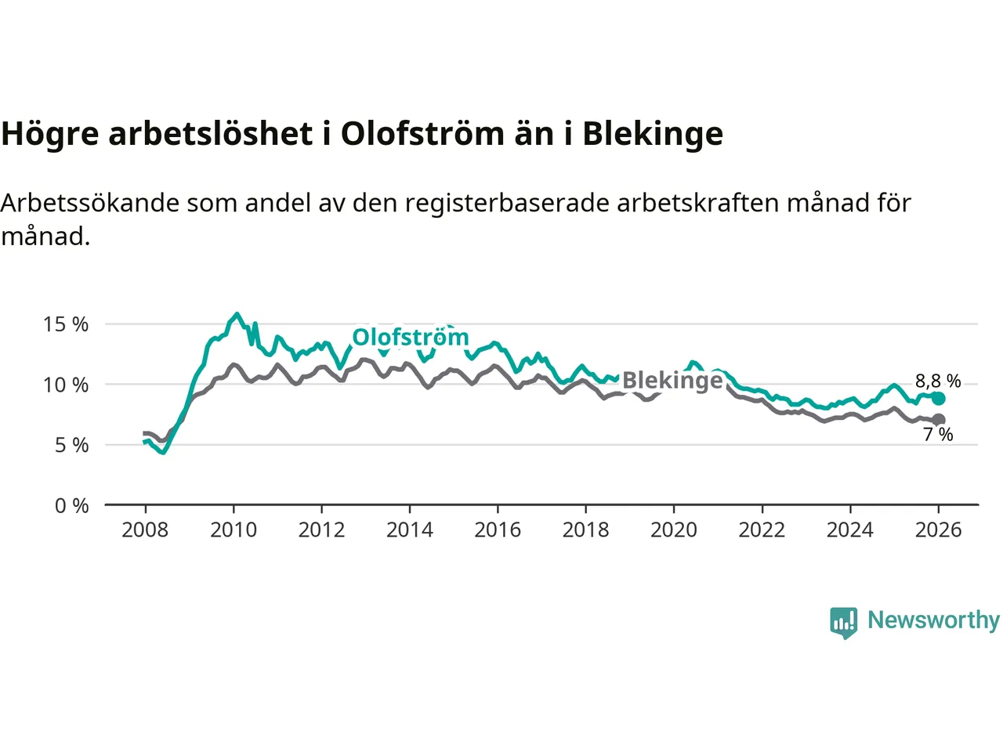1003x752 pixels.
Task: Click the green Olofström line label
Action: tap(411, 338)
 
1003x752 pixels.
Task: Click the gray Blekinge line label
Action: tap(672, 381)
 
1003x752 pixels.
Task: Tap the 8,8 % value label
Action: tap(938, 381)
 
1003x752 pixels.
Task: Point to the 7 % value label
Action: tap(938, 435)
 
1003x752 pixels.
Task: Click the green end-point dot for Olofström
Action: tap(938, 399)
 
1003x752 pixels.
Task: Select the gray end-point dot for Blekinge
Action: tap(938, 420)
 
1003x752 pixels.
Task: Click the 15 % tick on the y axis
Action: tap(66, 324)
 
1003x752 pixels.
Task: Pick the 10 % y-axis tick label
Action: tap(66, 385)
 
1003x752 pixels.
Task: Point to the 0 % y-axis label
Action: tap(72, 506)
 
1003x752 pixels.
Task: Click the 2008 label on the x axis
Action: tap(145, 530)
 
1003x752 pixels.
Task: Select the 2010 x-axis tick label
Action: tap(234, 530)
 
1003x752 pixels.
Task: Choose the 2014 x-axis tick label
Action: tap(409, 530)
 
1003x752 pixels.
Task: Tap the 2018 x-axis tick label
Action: tap(585, 530)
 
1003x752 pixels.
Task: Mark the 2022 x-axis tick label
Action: tap(762, 530)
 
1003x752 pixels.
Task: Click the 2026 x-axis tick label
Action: tap(938, 530)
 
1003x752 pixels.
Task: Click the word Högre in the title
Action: tap(50, 134)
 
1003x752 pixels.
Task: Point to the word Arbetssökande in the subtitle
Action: tap(90, 204)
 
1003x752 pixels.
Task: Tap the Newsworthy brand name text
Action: tap(933, 620)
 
